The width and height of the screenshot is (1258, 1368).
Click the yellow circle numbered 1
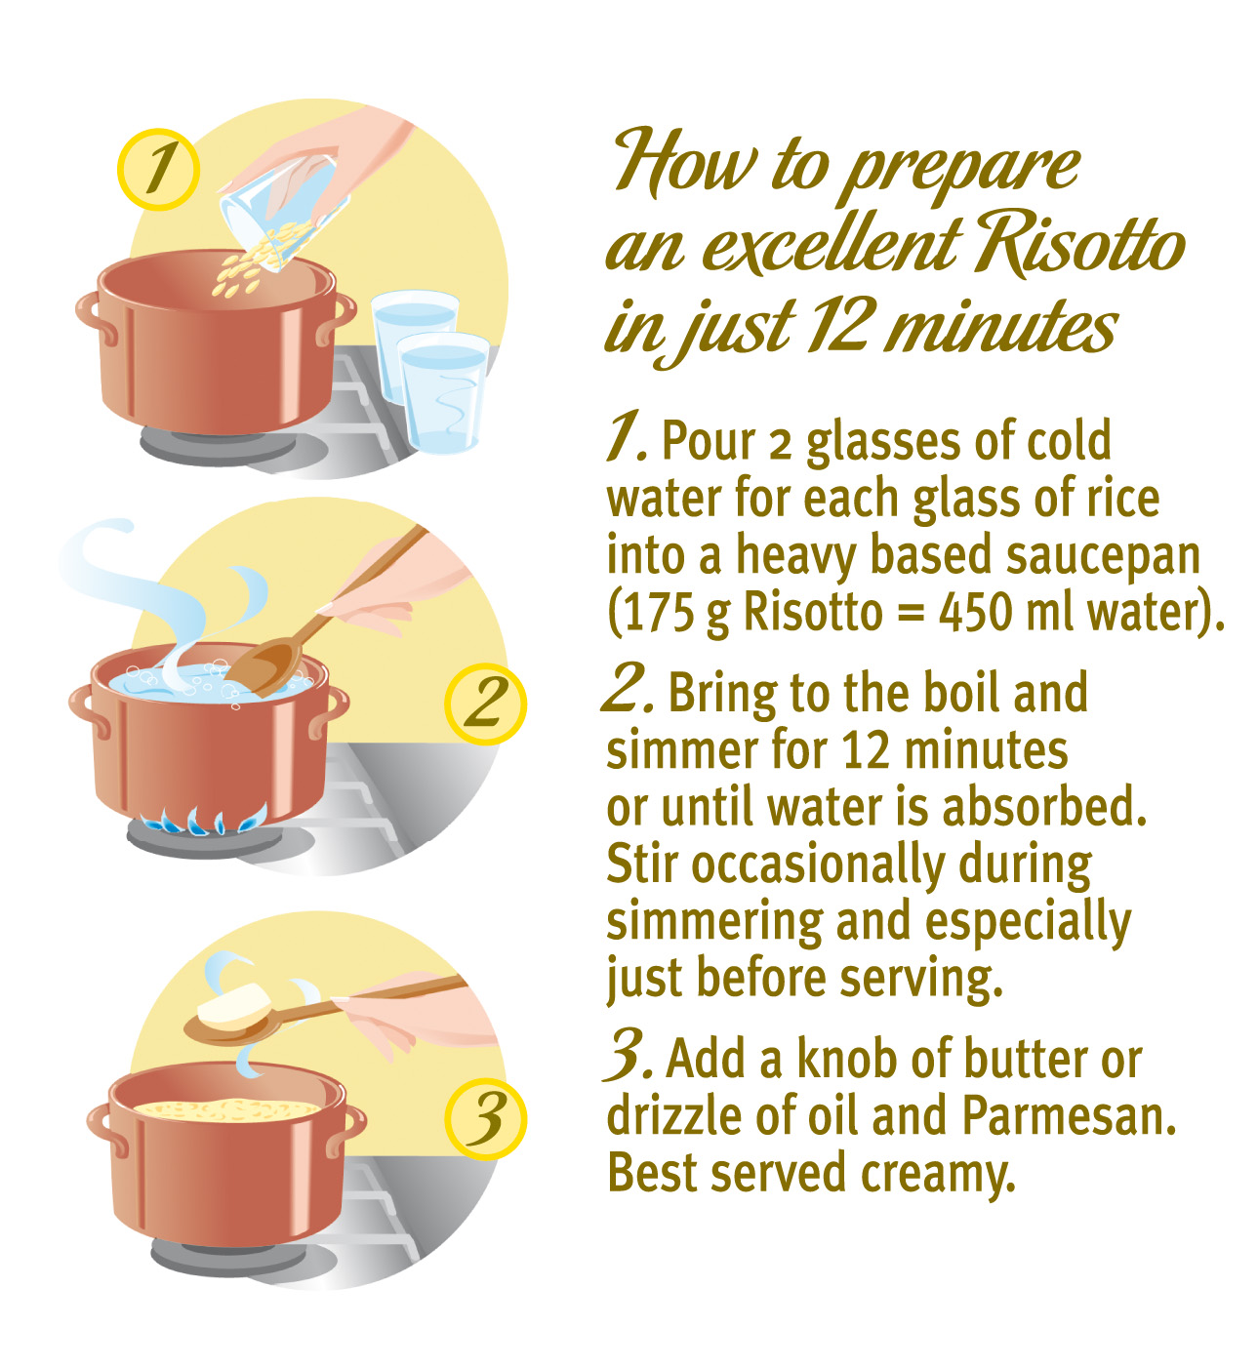click(158, 169)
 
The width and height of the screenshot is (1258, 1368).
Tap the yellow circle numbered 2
click(485, 704)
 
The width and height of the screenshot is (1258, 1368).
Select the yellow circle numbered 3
click(485, 1118)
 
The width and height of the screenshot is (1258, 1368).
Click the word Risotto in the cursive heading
click(1078, 247)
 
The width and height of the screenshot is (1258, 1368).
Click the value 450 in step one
click(977, 612)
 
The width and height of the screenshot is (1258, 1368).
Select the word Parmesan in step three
click(1069, 1116)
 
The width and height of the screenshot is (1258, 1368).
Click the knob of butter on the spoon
click(232, 1006)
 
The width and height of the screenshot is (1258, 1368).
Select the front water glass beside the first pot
click(443, 393)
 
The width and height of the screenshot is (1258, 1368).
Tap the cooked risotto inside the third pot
click(227, 1109)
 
